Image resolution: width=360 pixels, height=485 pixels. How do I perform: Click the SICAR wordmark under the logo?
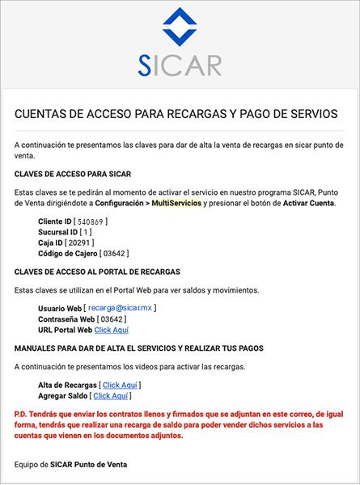click(180, 65)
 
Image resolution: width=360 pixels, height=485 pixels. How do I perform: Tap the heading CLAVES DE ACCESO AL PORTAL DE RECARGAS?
click(97, 271)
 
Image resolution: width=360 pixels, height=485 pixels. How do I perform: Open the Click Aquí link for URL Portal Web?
click(112, 330)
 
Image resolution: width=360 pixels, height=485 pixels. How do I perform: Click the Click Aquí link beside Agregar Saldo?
click(112, 396)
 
